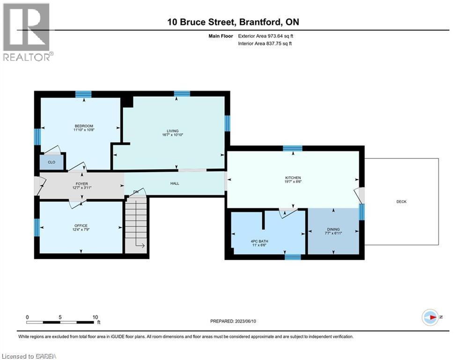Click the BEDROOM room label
[x=84, y=126]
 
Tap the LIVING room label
[x=174, y=131]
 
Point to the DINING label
[x=333, y=229]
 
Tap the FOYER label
[x=82, y=184]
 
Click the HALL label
[x=175, y=184]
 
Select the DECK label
[x=401, y=202]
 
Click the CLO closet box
[x=51, y=162]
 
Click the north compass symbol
[x=429, y=317]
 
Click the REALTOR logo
[x=27, y=31]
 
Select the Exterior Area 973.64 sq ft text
[x=266, y=36]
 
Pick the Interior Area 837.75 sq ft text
[x=266, y=44]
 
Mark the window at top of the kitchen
[x=292, y=148]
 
